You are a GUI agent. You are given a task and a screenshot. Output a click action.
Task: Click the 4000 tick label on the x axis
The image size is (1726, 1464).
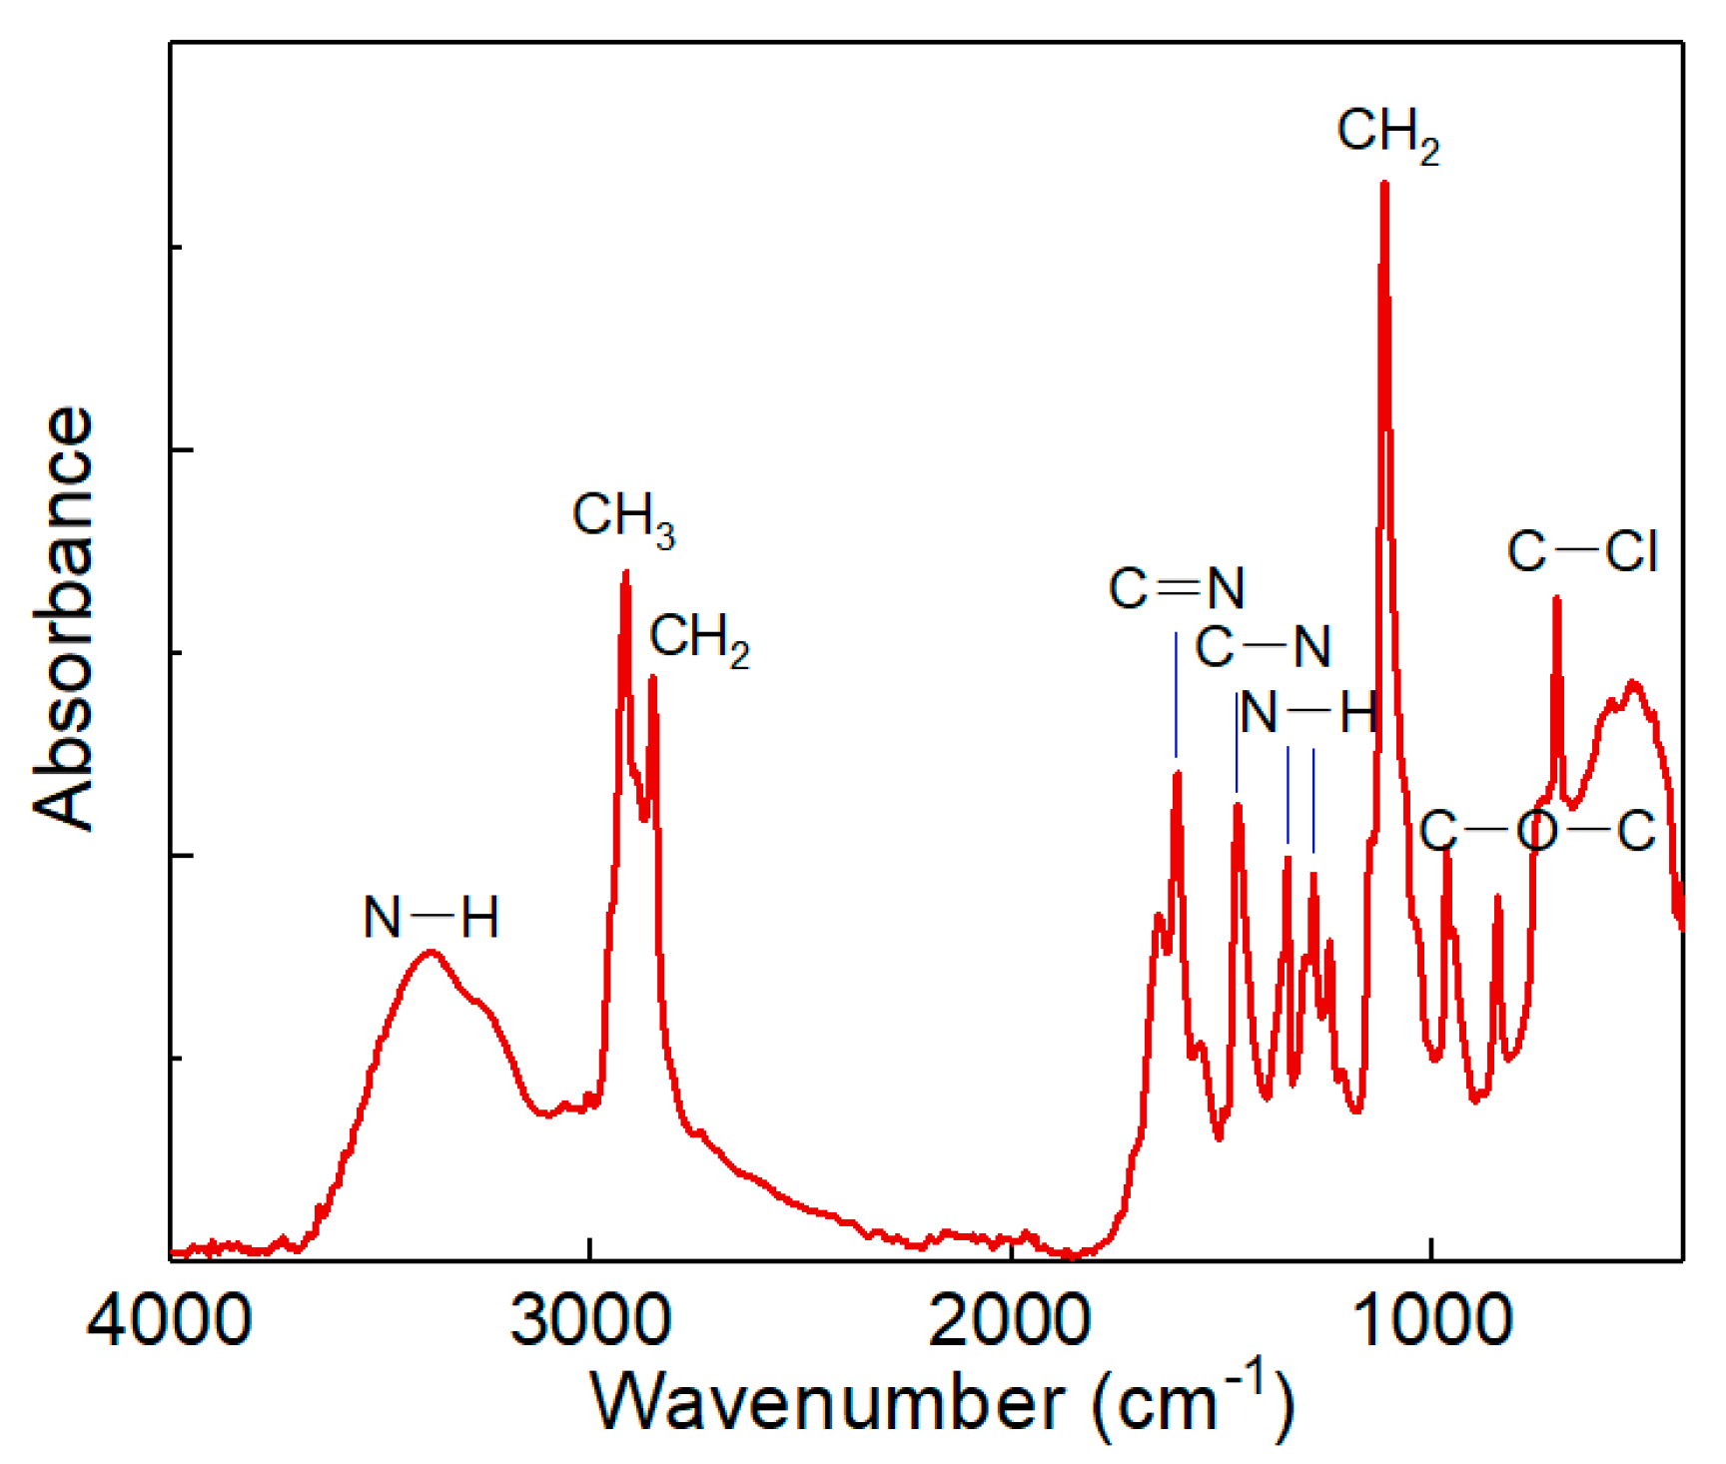(169, 1320)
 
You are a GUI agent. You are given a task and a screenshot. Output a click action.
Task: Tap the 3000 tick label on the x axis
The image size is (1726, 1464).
(590, 1320)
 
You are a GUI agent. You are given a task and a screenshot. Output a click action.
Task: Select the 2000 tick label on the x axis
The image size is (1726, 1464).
(1010, 1320)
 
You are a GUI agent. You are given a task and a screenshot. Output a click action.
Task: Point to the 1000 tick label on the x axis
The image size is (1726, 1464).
(1431, 1320)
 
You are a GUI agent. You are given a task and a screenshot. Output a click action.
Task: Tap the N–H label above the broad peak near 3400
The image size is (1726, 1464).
(431, 917)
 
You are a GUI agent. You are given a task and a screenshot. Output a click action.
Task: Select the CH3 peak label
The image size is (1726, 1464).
(623, 519)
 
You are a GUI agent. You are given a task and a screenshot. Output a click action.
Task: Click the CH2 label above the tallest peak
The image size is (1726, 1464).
(1388, 134)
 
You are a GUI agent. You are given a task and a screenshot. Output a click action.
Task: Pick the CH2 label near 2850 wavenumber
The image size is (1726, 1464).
(699, 639)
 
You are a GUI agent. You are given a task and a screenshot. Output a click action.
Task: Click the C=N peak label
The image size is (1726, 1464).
(1177, 588)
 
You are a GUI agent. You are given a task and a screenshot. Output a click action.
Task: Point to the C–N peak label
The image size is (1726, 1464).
(1263, 648)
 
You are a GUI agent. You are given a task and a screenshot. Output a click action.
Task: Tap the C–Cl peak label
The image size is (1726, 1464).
(1582, 551)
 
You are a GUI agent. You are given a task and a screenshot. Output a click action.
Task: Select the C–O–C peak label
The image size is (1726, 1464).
(1536, 831)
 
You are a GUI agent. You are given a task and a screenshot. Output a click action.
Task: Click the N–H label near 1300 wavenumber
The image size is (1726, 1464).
(1308, 713)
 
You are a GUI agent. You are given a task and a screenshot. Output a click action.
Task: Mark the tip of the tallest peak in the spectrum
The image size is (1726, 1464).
(1384, 184)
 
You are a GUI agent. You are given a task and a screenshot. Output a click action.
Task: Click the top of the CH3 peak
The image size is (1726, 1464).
(625, 572)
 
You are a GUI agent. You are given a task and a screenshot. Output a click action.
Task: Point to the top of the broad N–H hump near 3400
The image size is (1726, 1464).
(431, 952)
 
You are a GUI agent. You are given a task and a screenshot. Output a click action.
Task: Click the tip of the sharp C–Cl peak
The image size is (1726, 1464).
(1556, 598)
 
